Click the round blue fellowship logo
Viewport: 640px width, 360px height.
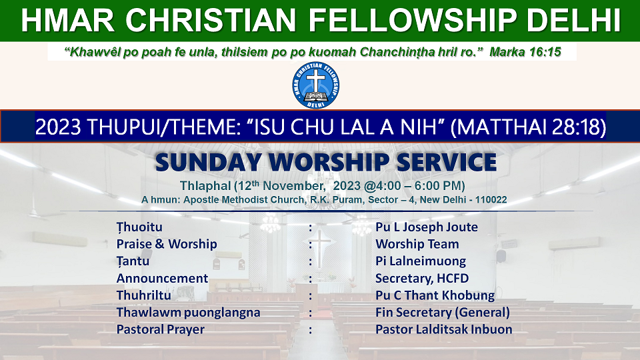[315, 85]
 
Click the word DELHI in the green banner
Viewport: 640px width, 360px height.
[573, 20]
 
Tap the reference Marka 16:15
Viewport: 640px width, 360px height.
[525, 52]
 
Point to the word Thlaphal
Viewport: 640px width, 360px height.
[205, 186]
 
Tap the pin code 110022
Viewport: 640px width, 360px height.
[491, 199]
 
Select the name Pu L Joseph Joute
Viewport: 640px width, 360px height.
[427, 227]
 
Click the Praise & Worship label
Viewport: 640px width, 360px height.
[167, 244]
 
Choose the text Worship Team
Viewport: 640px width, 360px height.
[417, 244]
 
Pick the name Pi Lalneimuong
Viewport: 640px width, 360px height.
[421, 261]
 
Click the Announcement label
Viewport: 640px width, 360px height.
[162, 279]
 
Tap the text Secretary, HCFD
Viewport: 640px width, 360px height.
[422, 279]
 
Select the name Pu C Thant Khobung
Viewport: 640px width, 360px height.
[435, 295]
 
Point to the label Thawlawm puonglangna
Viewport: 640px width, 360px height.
[188, 313]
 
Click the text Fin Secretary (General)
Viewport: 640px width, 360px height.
[443, 313]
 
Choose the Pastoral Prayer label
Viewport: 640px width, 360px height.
[161, 330]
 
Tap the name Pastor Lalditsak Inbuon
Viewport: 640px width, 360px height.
[444, 329]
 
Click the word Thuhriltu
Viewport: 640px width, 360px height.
[144, 295]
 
